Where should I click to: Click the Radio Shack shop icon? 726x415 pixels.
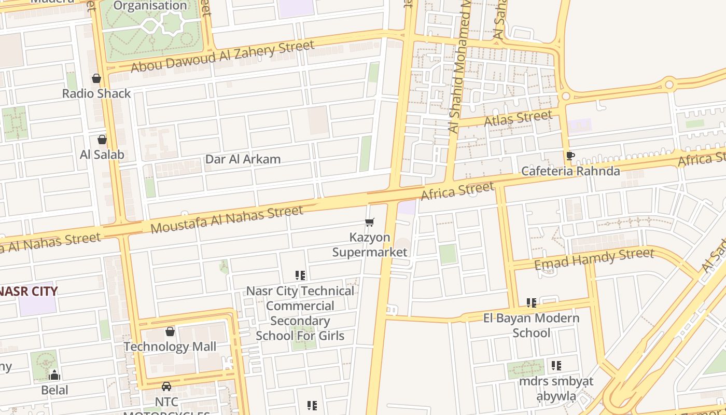tap(96, 79)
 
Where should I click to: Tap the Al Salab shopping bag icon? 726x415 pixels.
tap(102, 140)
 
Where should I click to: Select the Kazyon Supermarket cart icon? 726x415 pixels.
tap(370, 223)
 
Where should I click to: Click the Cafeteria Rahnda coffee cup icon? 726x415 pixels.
tap(570, 156)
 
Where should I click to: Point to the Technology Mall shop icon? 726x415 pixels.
tap(170, 331)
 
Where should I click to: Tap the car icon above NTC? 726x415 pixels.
tap(166, 386)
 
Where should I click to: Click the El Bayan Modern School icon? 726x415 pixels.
tap(531, 302)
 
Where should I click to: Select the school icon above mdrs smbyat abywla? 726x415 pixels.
tap(556, 366)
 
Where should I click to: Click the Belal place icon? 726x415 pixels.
tap(54, 375)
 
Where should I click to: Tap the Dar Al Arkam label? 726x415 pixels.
tap(243, 159)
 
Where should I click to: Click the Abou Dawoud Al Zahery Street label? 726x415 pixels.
tap(222, 57)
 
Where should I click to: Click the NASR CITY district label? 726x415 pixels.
tap(29, 291)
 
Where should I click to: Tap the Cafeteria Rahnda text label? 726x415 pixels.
tap(570, 171)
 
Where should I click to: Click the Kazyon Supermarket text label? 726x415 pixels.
tap(370, 245)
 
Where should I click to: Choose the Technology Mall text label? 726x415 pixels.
tap(170, 347)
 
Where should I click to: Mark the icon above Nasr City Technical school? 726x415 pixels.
tap(300, 275)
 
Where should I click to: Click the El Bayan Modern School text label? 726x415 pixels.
tap(531, 325)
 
